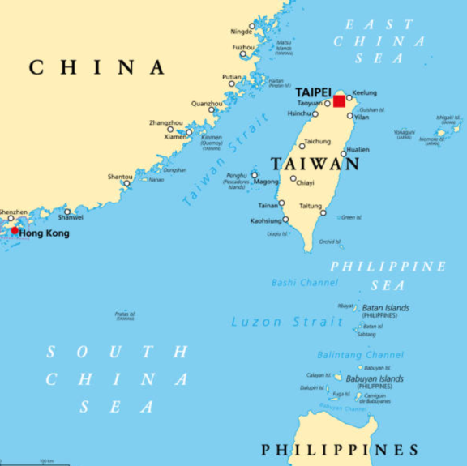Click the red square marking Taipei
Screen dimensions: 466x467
(x=339, y=101)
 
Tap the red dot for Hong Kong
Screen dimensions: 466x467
(x=14, y=231)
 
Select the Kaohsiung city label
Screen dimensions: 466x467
(x=265, y=220)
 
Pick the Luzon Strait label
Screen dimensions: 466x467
(x=287, y=322)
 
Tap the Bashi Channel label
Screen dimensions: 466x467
(x=304, y=283)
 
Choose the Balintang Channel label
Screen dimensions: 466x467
(x=360, y=355)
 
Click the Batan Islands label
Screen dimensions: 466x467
(x=386, y=308)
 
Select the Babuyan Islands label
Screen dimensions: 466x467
(x=375, y=378)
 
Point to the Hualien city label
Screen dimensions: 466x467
(x=358, y=150)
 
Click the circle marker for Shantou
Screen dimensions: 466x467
(x=126, y=183)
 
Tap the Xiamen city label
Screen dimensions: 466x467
(x=175, y=137)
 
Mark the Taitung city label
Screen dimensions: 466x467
(x=311, y=206)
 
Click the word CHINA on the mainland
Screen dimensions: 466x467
(x=97, y=67)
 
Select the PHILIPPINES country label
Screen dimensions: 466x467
(x=340, y=450)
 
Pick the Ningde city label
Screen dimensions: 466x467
(x=241, y=31)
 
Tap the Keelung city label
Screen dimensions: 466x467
(x=365, y=93)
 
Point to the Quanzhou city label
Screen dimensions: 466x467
(x=206, y=104)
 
